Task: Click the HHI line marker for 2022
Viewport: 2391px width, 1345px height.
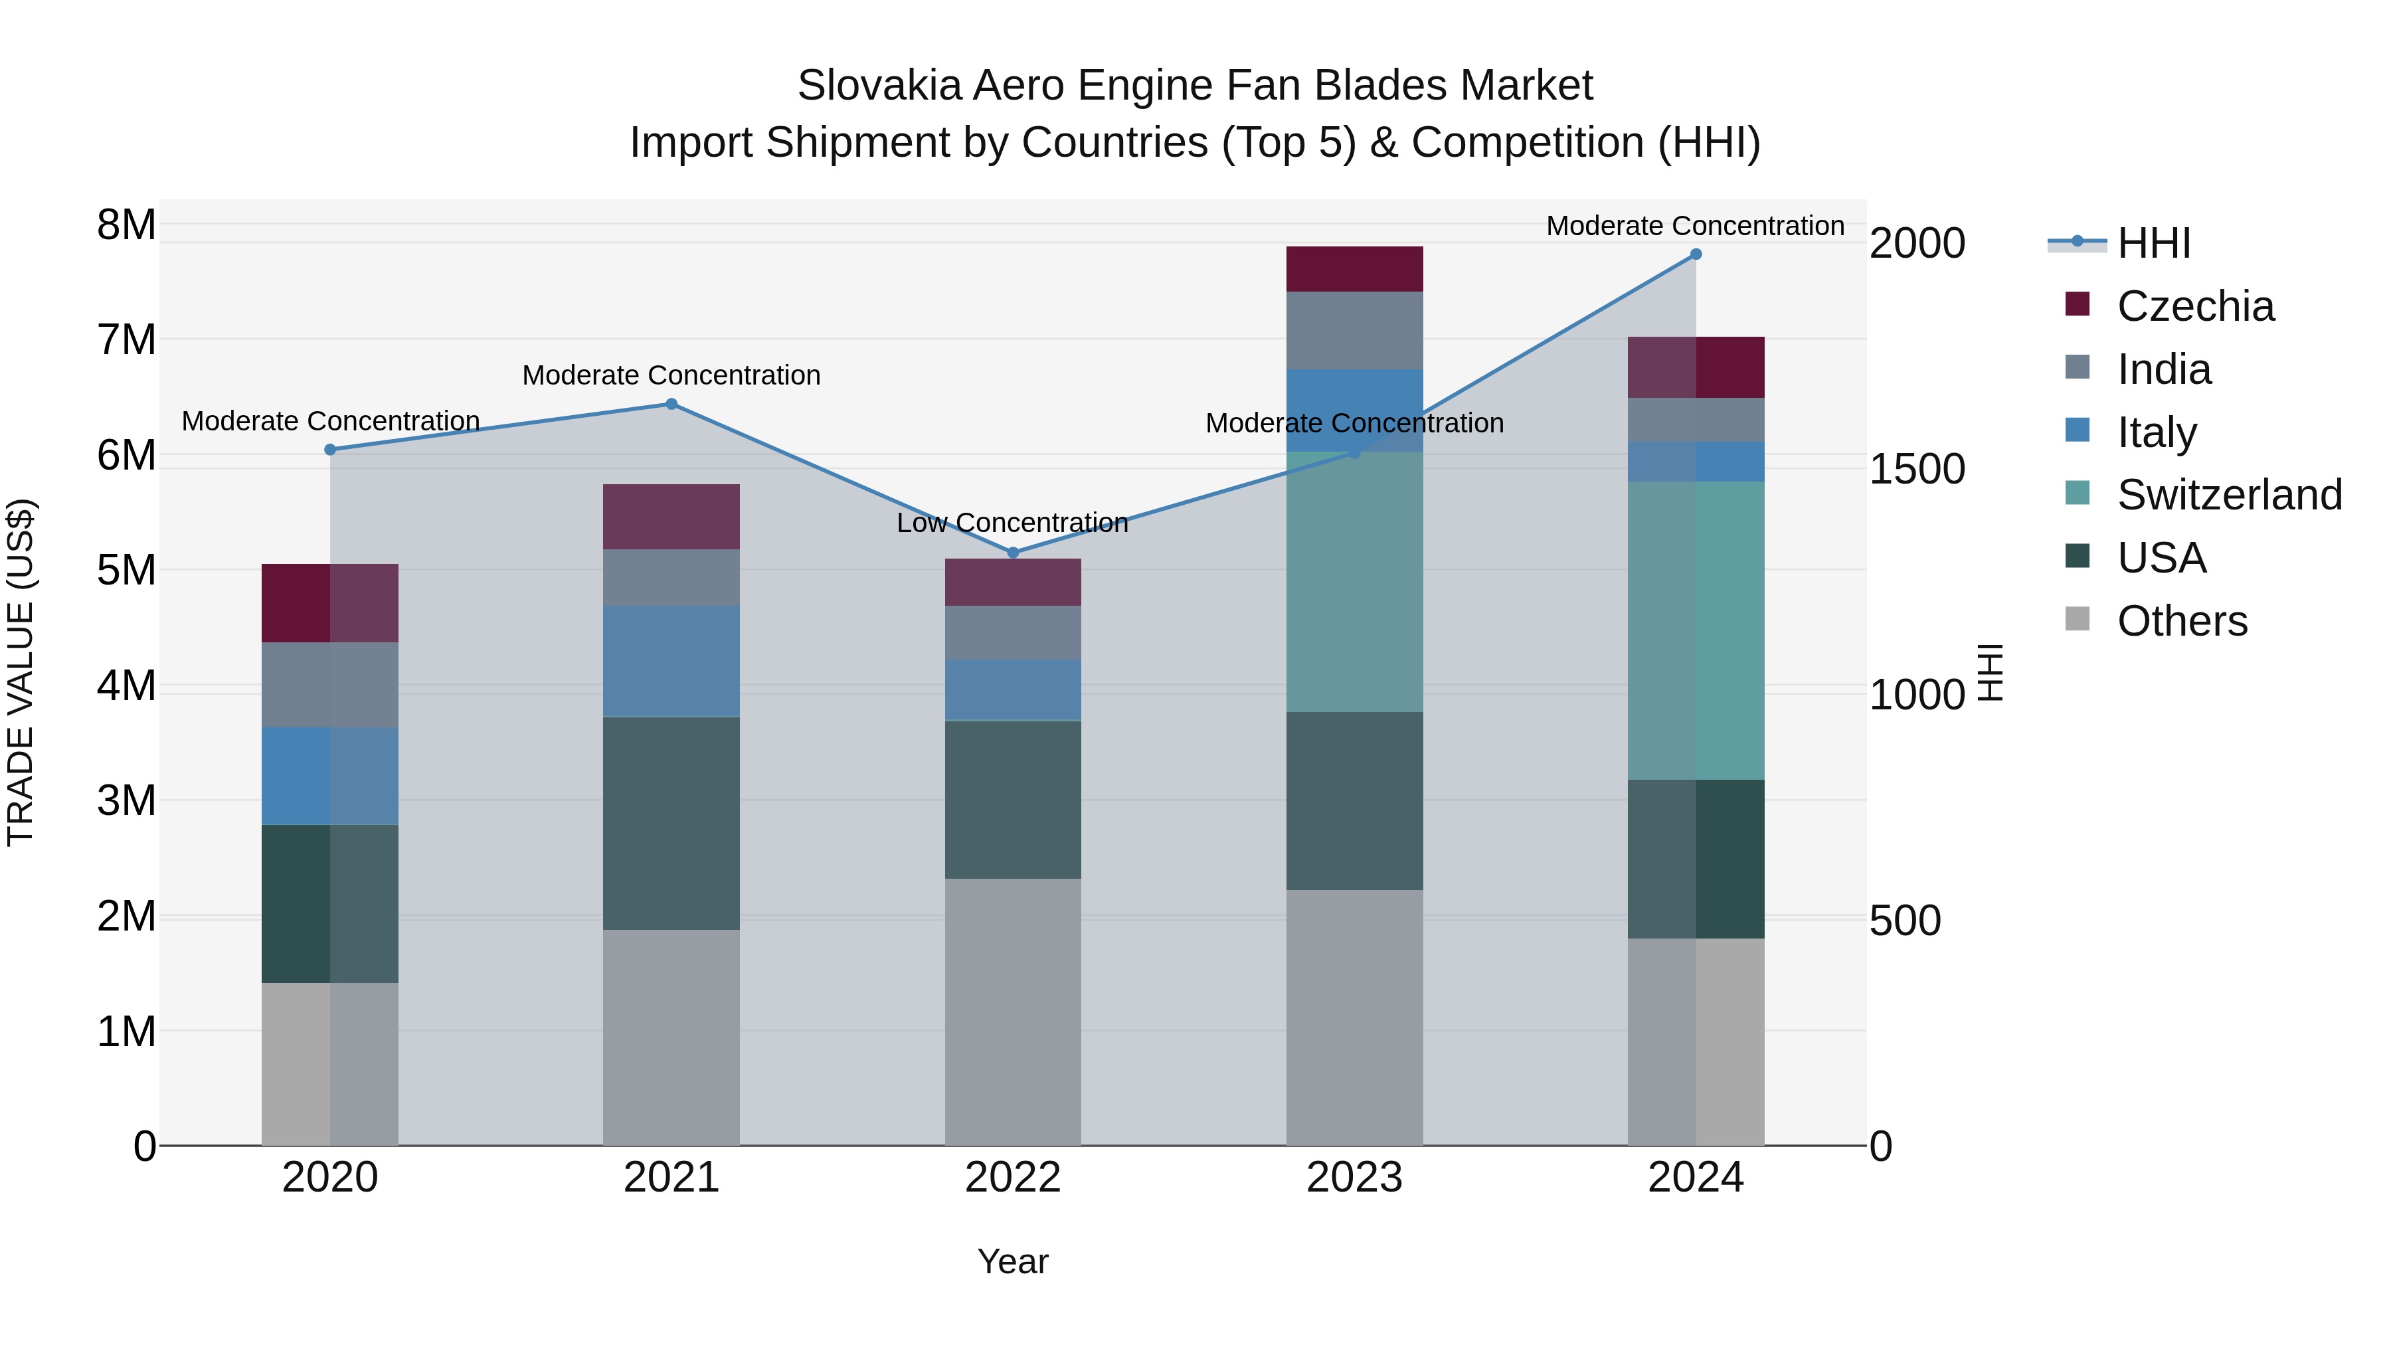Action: tap(1013, 553)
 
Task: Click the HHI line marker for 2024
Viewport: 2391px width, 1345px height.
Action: tap(1696, 254)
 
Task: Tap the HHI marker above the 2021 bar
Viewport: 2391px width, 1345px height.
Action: tap(671, 404)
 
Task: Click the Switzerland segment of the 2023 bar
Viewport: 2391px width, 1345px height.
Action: tap(1354, 582)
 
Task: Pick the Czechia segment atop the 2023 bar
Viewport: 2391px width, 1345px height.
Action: tap(1354, 269)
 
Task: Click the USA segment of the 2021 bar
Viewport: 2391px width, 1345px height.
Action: tap(671, 824)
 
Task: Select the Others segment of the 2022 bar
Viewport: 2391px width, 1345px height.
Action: tap(1013, 1012)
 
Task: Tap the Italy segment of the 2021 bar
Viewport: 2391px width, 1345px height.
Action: tap(671, 661)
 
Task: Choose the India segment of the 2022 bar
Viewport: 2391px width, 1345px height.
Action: tap(1013, 632)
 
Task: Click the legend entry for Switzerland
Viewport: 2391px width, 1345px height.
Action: tap(2228, 495)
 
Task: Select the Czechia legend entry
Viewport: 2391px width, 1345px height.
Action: tap(2195, 306)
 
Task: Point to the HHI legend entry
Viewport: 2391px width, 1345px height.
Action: tap(2153, 243)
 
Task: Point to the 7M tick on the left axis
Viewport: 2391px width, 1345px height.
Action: tap(126, 339)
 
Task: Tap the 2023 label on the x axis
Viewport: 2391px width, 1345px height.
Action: tap(1354, 1178)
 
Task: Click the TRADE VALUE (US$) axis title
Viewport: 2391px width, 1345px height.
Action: tap(21, 672)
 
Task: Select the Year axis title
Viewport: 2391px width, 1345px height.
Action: tap(1013, 1261)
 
